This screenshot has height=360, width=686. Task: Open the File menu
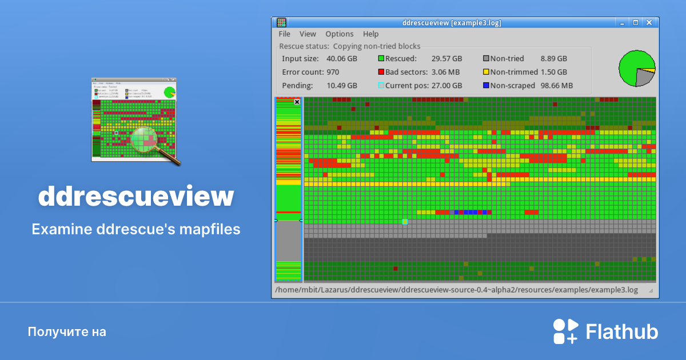(x=284, y=34)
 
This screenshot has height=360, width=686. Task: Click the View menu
(x=308, y=34)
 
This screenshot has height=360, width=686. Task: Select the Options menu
(x=340, y=34)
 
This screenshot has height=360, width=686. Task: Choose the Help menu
(x=370, y=34)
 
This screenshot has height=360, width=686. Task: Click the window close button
(x=649, y=23)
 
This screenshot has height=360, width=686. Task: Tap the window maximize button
(x=635, y=23)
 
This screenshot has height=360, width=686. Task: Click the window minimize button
(x=621, y=23)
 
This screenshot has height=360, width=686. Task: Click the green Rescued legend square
(x=381, y=59)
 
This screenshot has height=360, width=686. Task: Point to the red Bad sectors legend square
(x=381, y=73)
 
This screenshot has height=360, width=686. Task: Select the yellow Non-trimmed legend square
(x=486, y=73)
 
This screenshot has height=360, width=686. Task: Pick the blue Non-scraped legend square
(x=486, y=86)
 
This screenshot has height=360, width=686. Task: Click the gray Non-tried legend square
(x=486, y=59)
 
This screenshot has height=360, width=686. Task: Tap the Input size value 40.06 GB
(x=341, y=59)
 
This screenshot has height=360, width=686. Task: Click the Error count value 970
(x=333, y=73)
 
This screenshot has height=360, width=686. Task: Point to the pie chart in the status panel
(x=636, y=68)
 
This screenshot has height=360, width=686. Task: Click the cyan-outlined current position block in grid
(x=405, y=221)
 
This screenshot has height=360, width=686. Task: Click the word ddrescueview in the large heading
(x=136, y=196)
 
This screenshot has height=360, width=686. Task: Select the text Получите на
(x=67, y=331)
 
